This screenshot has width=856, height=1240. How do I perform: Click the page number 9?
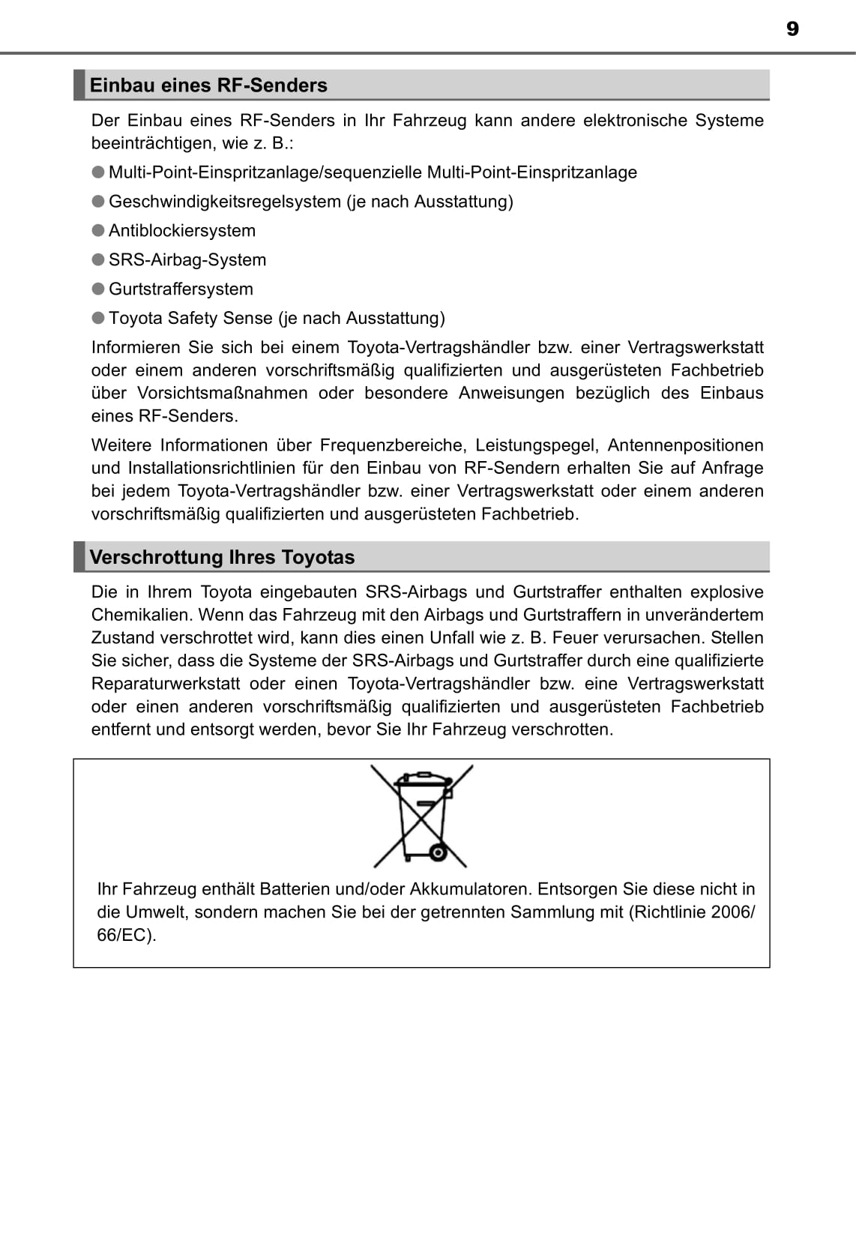pyautogui.click(x=792, y=28)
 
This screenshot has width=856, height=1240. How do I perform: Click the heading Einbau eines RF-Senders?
pyautogui.click(x=208, y=85)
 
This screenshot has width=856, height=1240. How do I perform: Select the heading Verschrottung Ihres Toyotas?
pyautogui.click(x=222, y=557)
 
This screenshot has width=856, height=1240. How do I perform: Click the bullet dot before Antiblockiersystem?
pyautogui.click(x=98, y=230)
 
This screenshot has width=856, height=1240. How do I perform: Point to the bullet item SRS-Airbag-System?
pyautogui.click(x=187, y=260)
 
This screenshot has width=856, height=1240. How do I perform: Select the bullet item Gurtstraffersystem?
pyautogui.click(x=181, y=289)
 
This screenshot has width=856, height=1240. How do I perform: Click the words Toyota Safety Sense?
pyautogui.click(x=190, y=319)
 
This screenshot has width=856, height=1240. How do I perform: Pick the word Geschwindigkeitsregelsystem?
pyautogui.click(x=224, y=202)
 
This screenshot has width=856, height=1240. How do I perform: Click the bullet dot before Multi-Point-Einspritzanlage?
pyautogui.click(x=98, y=172)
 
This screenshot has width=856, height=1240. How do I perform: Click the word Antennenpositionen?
pyautogui.click(x=685, y=445)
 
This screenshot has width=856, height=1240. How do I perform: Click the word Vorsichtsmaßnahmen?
pyautogui.click(x=222, y=394)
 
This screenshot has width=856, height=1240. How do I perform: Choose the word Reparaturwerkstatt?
pyautogui.click(x=166, y=684)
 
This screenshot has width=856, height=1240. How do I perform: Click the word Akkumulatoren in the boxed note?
pyautogui.click(x=470, y=889)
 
